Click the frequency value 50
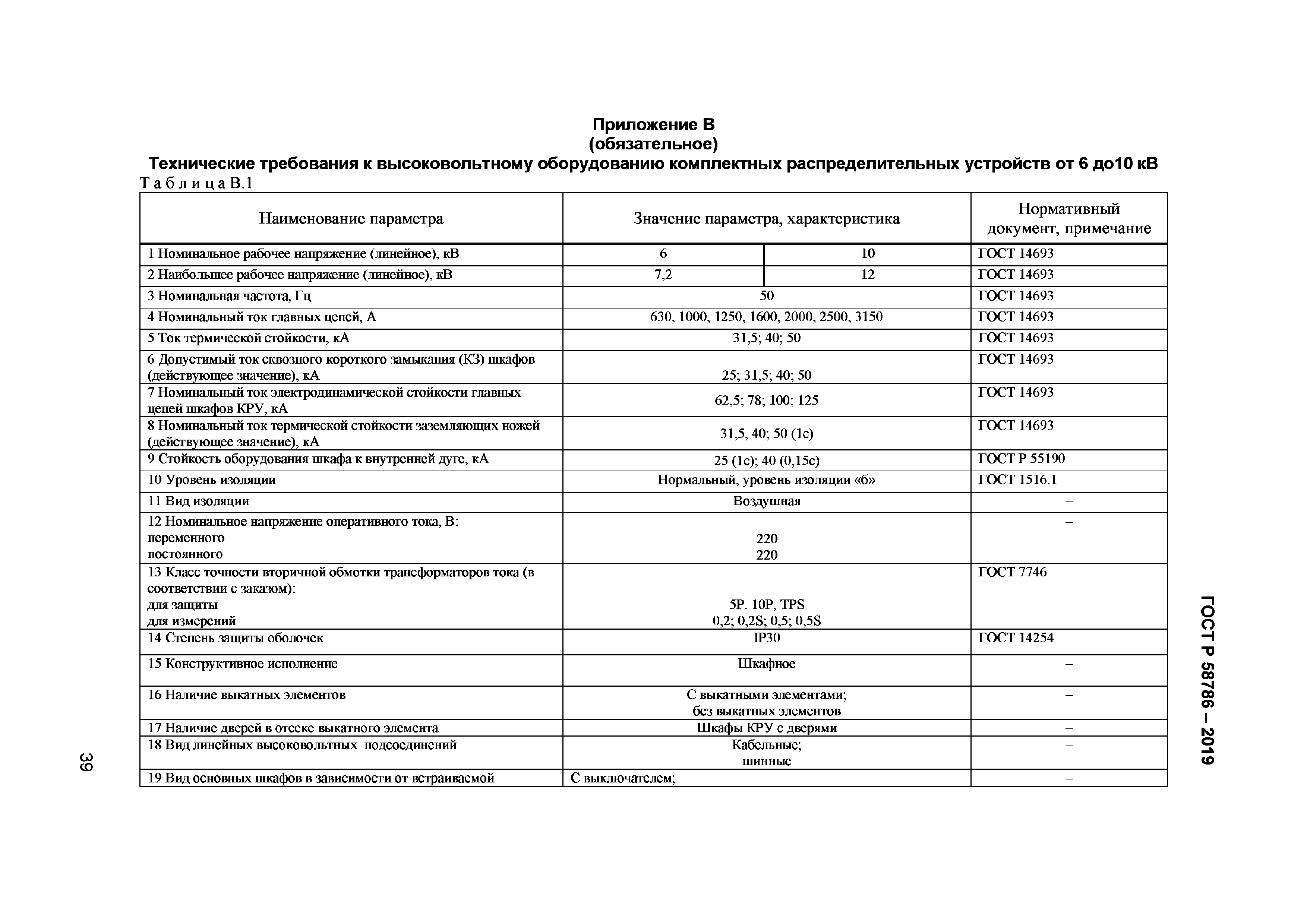tap(766, 296)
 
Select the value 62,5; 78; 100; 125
tap(766, 401)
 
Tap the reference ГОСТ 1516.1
tap(1017, 480)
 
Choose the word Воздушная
tap(766, 501)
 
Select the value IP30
tap(766, 638)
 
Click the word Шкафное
tap(766, 664)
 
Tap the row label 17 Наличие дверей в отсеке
tap(293, 728)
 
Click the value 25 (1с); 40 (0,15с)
tap(766, 460)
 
